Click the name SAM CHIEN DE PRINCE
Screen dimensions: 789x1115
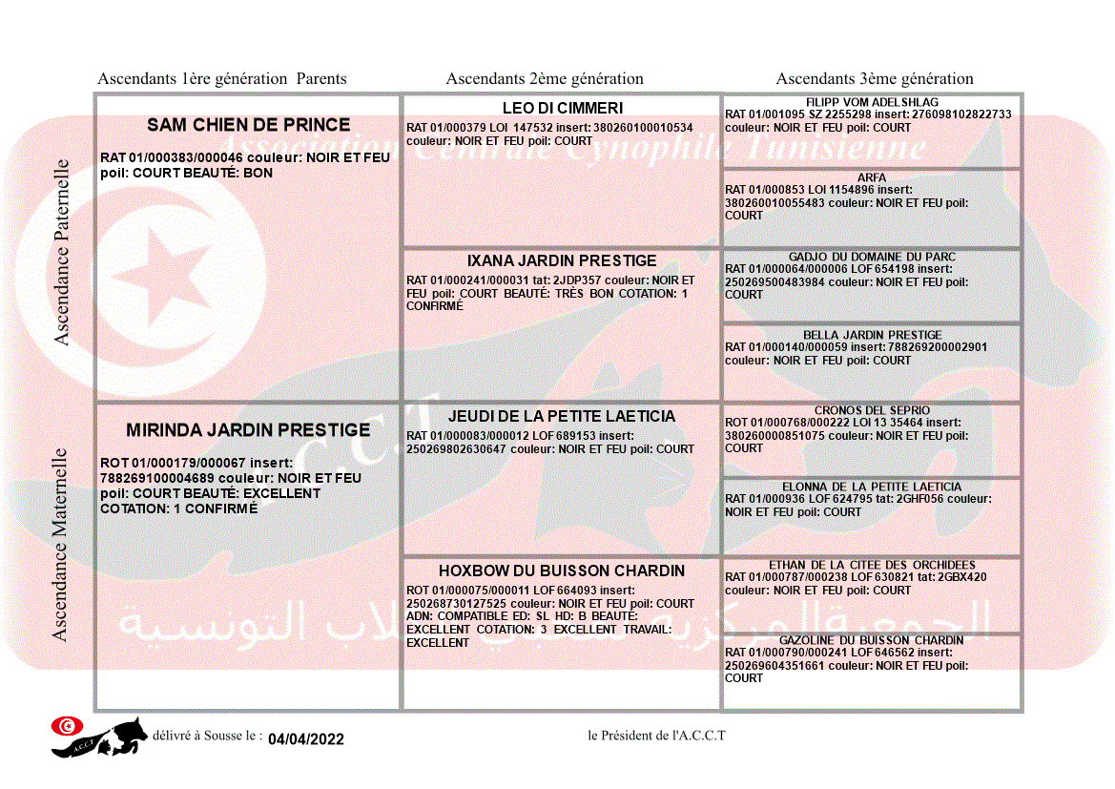[x=248, y=125]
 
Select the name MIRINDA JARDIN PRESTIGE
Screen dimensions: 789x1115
[x=248, y=431]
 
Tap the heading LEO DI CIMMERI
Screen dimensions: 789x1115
[x=562, y=109]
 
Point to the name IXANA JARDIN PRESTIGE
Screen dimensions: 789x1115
[x=562, y=261]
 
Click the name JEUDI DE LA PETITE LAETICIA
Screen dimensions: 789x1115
[x=562, y=417]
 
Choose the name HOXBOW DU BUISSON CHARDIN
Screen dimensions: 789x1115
[x=562, y=571]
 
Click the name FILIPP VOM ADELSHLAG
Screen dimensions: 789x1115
[x=872, y=102]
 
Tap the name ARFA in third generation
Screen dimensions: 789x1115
[x=872, y=177]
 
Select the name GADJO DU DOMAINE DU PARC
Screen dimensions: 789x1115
[x=872, y=258]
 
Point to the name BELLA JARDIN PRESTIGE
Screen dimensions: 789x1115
[x=872, y=336]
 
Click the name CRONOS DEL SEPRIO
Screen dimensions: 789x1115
[x=872, y=411]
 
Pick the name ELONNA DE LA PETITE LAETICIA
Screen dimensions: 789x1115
[x=872, y=487]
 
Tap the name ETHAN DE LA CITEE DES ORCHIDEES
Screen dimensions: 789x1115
[x=872, y=565]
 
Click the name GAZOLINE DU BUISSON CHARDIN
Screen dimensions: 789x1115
[x=872, y=640]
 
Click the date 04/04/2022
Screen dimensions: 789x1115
[x=305, y=739]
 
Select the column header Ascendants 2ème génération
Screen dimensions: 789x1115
[x=545, y=79]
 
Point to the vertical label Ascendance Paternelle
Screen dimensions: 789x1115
[x=62, y=252]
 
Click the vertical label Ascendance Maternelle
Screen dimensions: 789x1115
[x=59, y=544]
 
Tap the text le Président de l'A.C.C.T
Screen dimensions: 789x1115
[x=656, y=735]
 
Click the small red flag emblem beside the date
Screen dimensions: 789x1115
[x=67, y=726]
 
